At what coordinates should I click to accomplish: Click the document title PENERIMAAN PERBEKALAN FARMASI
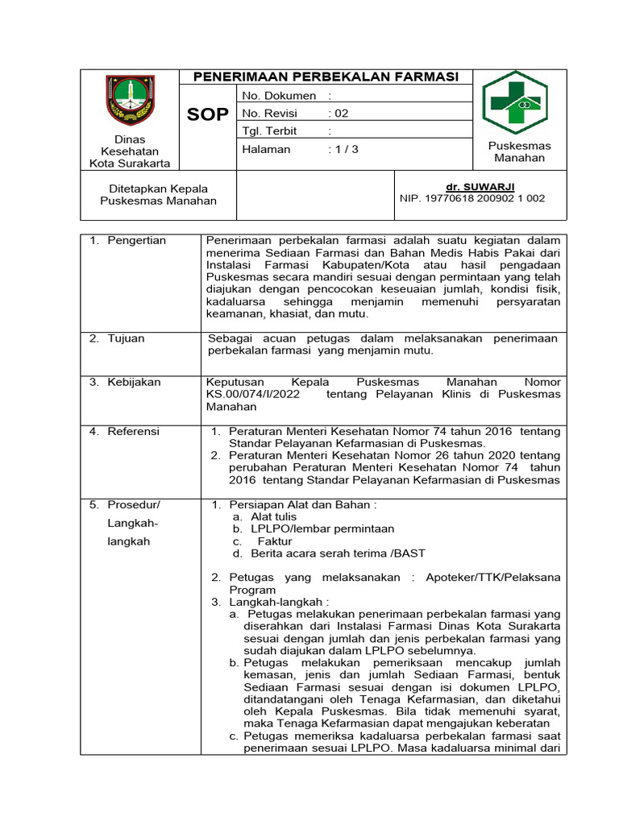click(x=326, y=77)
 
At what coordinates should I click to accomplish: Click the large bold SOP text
click(x=208, y=114)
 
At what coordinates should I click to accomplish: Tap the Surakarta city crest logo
click(x=129, y=100)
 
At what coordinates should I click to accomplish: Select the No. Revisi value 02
click(x=342, y=114)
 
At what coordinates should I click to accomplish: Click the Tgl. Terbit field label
click(x=269, y=131)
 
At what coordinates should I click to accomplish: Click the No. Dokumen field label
click(x=279, y=96)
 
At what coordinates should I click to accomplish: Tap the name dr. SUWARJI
click(x=480, y=186)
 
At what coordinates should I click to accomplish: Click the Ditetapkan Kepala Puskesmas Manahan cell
click(x=158, y=194)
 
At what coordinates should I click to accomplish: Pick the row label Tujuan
click(x=126, y=338)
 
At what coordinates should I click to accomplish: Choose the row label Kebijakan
click(x=134, y=382)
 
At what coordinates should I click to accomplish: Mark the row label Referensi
click(x=134, y=431)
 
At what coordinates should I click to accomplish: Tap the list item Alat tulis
click(x=273, y=516)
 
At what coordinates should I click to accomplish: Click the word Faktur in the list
click(x=274, y=541)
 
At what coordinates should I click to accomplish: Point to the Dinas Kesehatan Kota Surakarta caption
click(x=129, y=151)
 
